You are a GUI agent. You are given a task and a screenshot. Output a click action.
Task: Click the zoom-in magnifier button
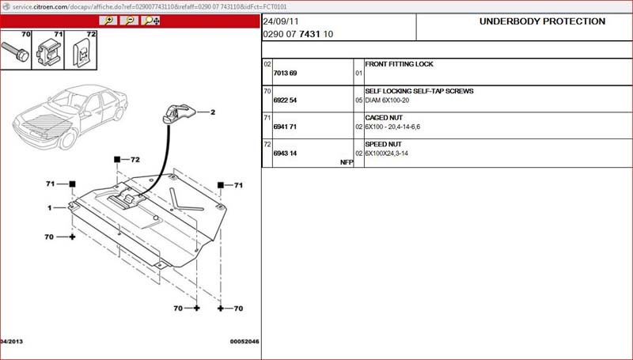108,21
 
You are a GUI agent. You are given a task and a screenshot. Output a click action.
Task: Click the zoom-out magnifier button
130,21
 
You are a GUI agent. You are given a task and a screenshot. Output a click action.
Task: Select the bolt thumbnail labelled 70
16,50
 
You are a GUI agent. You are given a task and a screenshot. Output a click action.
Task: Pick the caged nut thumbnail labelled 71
48,50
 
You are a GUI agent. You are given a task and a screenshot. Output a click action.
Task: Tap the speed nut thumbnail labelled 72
81,50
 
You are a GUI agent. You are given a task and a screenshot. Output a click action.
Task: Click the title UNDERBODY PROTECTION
542,21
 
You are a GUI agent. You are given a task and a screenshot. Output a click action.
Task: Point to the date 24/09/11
281,21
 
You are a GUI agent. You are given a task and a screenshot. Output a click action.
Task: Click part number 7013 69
285,73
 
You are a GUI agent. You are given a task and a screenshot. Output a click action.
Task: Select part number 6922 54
285,100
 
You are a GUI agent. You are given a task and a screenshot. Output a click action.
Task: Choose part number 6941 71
285,127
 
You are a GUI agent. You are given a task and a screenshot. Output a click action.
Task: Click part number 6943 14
285,153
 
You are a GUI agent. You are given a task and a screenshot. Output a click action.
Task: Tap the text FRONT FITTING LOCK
399,64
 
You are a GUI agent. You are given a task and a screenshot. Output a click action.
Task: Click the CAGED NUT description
384,118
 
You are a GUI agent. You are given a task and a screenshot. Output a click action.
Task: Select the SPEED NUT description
384,144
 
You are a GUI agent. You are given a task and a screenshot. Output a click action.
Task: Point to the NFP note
347,162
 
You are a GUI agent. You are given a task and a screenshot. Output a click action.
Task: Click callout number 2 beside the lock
213,112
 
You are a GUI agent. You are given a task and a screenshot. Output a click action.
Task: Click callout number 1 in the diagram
50,208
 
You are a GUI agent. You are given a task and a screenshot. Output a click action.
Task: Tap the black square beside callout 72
117,159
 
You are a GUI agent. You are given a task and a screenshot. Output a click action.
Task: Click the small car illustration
70,116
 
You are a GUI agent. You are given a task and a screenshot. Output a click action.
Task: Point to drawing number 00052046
244,342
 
